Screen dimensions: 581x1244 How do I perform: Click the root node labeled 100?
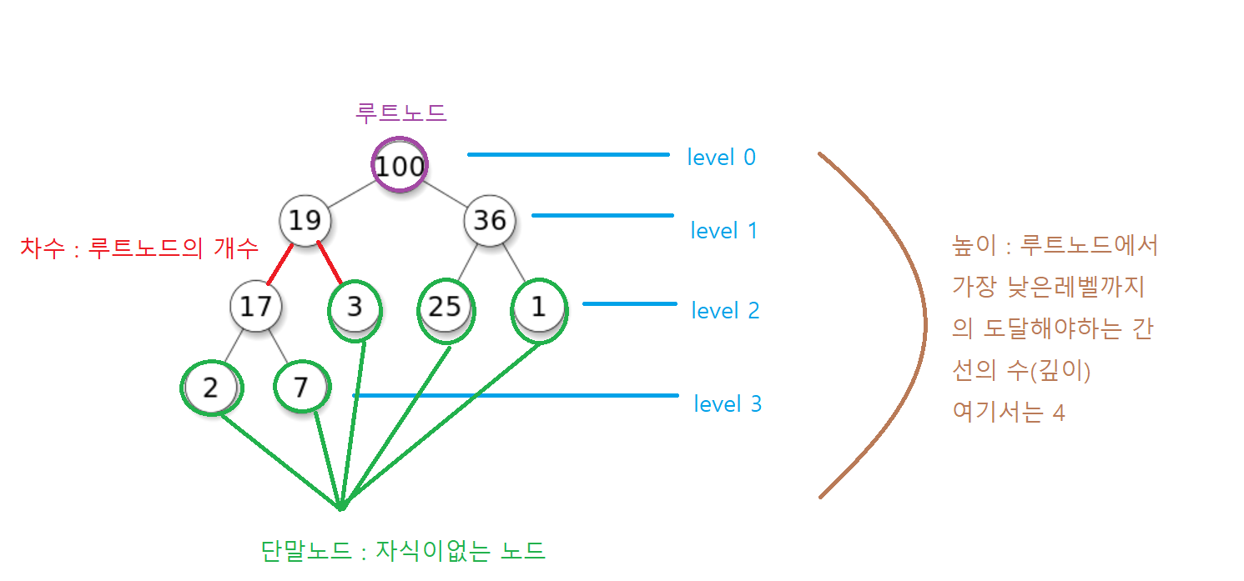pos(400,166)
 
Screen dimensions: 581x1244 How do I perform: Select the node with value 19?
pos(305,220)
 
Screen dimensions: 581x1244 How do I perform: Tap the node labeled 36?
pos(490,220)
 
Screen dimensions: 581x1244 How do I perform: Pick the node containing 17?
pos(255,306)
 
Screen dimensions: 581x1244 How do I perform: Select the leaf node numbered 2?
pos(210,387)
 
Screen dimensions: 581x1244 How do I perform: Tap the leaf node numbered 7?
pos(300,387)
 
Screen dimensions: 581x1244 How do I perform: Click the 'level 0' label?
pos(721,157)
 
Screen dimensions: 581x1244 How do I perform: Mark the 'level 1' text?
pos(724,230)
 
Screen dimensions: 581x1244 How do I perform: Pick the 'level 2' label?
pos(725,311)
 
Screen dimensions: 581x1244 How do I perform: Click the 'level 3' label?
pos(728,404)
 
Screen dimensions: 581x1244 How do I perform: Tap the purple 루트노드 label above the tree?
pos(401,113)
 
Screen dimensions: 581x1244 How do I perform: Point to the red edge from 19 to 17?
pos(279,265)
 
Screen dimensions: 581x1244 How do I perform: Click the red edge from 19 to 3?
pos(330,263)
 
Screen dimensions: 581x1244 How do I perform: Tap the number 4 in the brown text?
pos(1058,412)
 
